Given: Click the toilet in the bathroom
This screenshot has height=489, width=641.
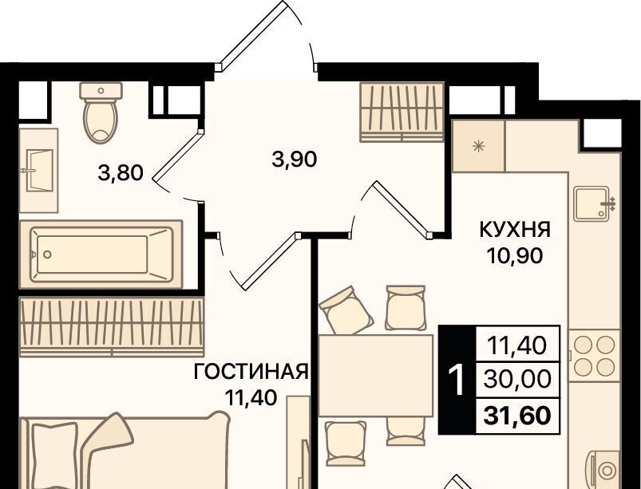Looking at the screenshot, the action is click(x=101, y=112).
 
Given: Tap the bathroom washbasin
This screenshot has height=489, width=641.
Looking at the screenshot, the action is click(x=39, y=171).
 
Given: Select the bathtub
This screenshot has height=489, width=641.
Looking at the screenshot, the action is click(x=101, y=254).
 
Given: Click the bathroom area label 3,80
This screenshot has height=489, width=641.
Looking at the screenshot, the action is click(x=121, y=173).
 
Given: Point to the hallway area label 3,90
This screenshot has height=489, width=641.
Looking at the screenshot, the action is click(x=295, y=159).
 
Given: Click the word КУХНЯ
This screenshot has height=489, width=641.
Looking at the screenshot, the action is click(x=515, y=230).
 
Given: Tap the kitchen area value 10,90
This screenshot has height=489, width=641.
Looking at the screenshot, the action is click(x=515, y=256).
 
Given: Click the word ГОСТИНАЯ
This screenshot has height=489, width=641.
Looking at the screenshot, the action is click(x=251, y=373).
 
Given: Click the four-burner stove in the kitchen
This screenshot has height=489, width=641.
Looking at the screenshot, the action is click(x=594, y=357).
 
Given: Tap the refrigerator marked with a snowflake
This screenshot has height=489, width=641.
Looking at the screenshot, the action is click(x=478, y=146).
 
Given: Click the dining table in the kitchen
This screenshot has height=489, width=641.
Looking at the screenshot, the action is click(x=376, y=375).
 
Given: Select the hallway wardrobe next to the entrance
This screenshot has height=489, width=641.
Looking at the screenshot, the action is click(x=402, y=112).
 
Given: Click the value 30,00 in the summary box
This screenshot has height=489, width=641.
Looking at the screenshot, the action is click(x=517, y=380).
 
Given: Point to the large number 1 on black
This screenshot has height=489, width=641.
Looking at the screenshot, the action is click(x=457, y=380).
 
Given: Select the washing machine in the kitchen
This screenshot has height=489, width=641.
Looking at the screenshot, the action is click(x=604, y=470).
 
